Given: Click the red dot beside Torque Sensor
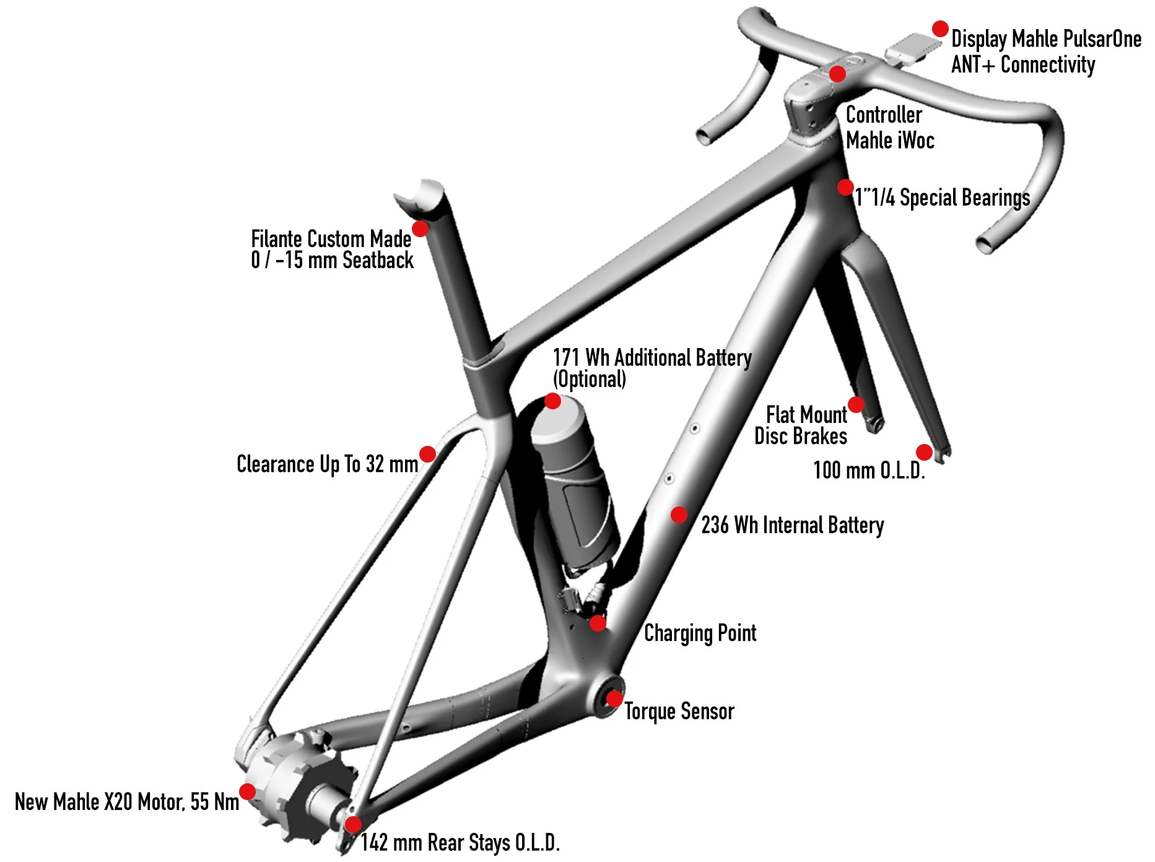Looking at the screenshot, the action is [614, 699].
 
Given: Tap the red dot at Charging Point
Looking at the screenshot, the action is [598, 623].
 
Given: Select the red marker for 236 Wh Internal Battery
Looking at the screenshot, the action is [679, 515].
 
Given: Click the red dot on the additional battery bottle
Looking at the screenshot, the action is [552, 401].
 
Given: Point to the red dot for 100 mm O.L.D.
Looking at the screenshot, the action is [924, 452].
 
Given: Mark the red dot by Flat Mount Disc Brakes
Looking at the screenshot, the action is [856, 405].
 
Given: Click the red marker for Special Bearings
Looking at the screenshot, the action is [845, 187].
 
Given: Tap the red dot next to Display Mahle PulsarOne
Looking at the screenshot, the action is [940, 28].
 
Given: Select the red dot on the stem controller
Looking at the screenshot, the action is [837, 74].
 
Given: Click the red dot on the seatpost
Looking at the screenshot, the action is [420, 229].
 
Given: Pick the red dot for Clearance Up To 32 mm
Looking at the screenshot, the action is [427, 454].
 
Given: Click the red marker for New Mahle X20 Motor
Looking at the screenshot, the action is [247, 791].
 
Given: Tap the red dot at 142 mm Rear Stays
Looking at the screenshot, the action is [352, 824].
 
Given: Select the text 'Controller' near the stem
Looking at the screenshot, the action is [884, 115].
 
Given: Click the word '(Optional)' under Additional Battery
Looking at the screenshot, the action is [589, 379].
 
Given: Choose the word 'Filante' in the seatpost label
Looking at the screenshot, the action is [276, 238].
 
